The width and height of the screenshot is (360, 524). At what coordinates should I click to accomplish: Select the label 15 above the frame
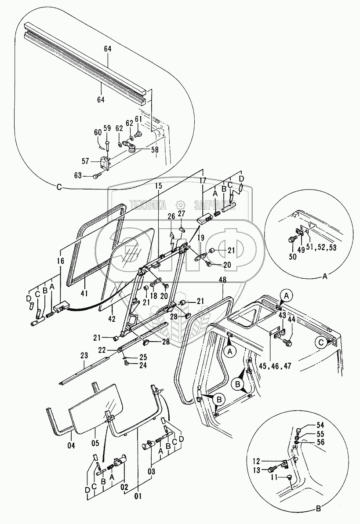click(159, 186)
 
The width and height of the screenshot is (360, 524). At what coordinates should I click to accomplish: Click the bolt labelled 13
click(271, 470)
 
